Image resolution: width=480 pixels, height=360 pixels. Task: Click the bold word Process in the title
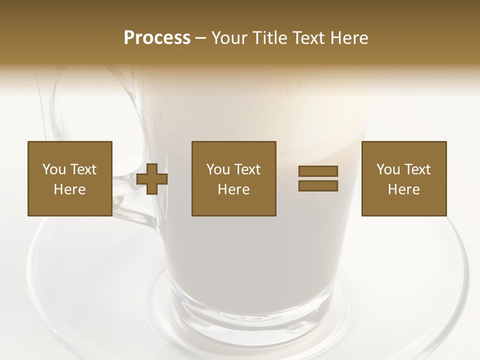pos(157,38)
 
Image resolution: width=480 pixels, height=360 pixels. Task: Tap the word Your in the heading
pos(231,38)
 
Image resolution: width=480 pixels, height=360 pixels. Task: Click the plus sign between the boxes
pos(152,178)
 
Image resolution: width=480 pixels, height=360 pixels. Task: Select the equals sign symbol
pos(318,178)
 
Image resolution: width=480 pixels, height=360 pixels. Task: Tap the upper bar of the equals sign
pos(318,171)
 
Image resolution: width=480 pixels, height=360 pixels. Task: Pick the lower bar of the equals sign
pos(318,185)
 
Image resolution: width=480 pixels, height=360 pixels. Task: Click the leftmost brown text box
pos(69,178)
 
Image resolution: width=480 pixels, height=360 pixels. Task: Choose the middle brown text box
pos(233,178)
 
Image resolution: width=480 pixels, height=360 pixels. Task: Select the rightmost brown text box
pos(403,178)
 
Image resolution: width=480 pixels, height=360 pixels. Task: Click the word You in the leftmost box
pos(54,169)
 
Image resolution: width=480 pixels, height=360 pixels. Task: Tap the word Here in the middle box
pos(233,189)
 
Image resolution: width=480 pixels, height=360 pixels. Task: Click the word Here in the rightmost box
pos(403,189)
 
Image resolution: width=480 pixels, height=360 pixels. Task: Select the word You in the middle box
pos(218,169)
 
